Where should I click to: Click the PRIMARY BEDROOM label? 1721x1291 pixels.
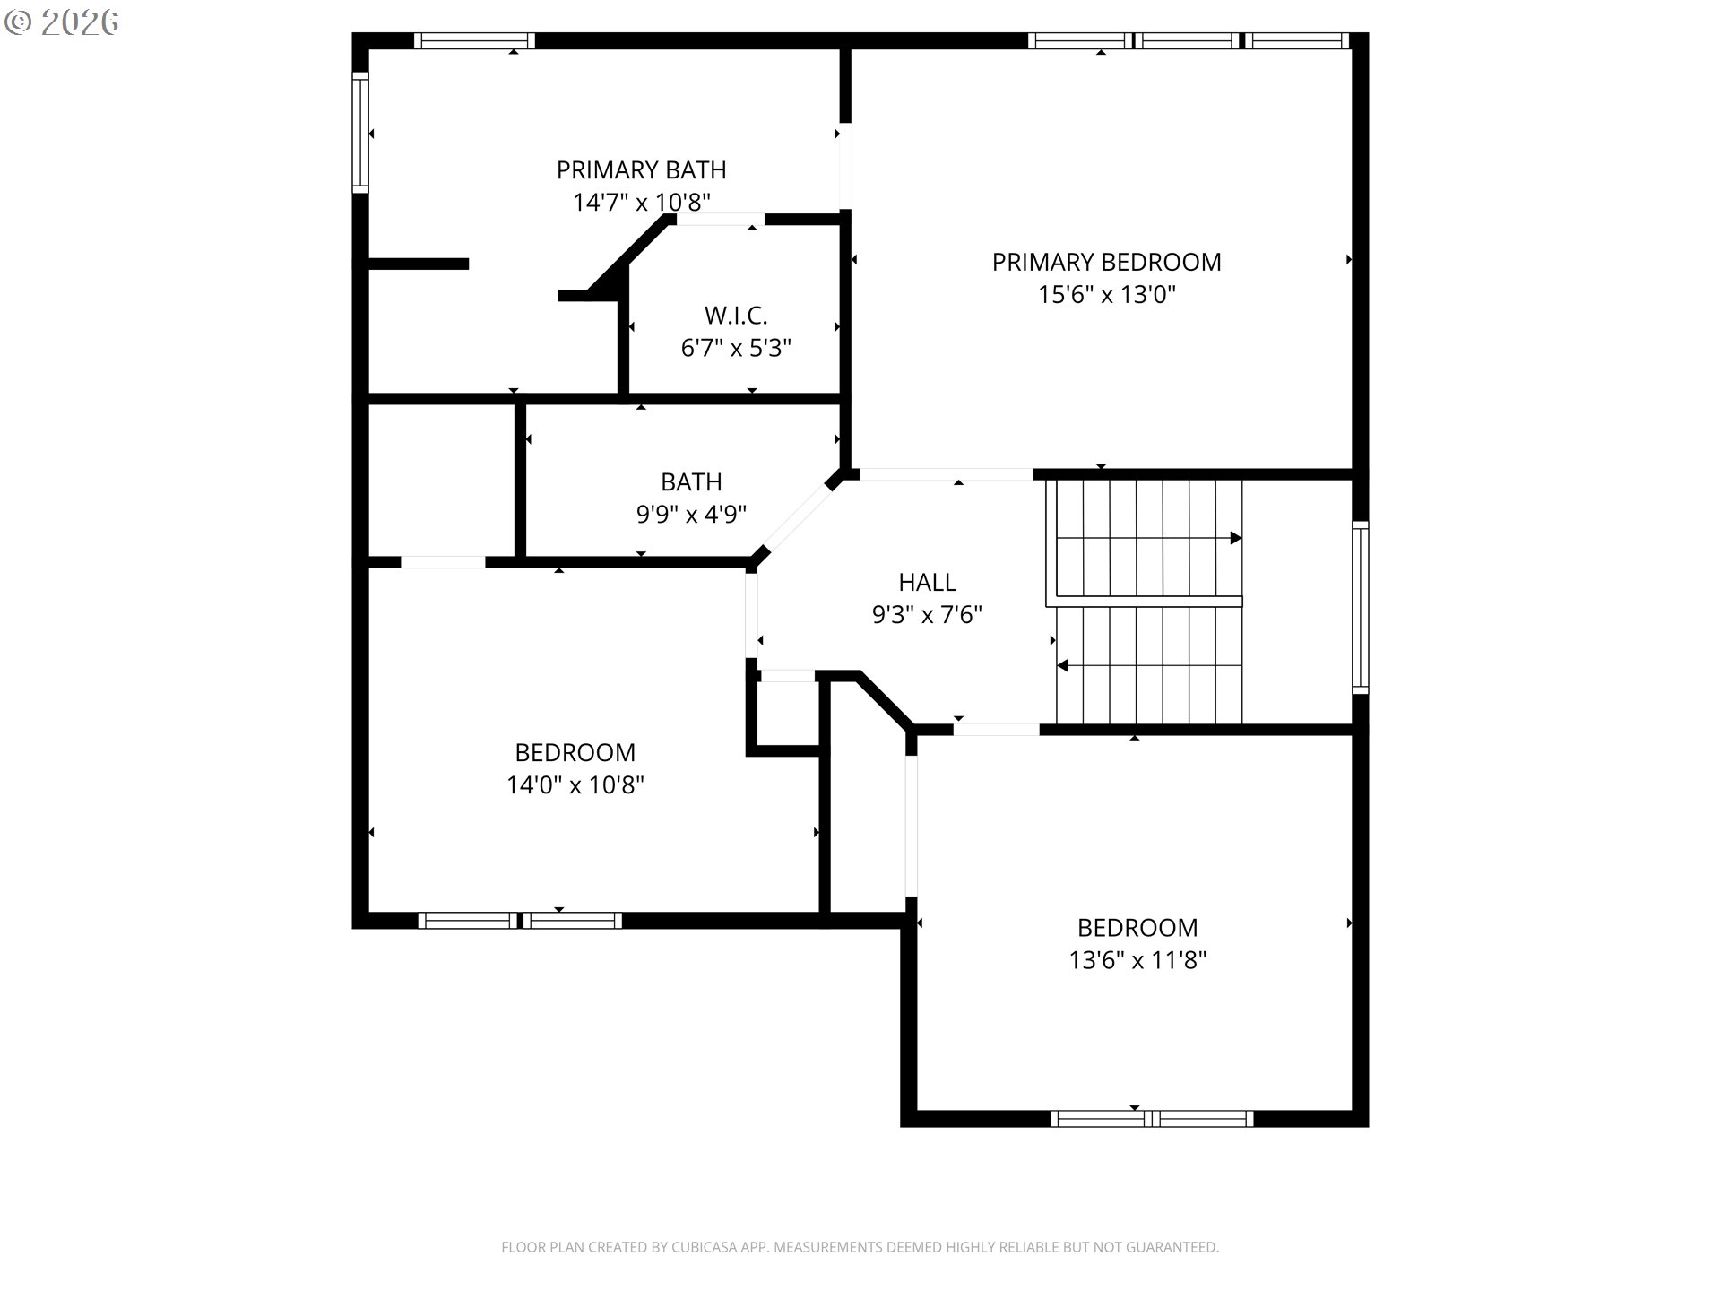(1106, 262)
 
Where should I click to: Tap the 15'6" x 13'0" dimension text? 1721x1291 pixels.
(1106, 295)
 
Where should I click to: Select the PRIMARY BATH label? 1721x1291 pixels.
(641, 169)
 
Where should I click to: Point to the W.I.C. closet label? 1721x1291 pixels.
(736, 316)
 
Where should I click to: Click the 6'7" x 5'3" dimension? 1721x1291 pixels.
(736, 348)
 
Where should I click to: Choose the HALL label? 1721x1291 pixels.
(927, 583)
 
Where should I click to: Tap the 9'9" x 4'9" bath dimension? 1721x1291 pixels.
(691, 515)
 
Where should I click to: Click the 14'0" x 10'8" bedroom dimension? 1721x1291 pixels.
(575, 785)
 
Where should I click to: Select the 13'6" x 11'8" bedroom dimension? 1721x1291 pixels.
(1137, 960)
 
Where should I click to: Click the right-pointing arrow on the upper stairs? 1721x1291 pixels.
(1235, 538)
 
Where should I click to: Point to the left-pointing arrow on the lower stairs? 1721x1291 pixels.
(1064, 665)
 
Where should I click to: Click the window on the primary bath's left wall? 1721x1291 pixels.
(359, 133)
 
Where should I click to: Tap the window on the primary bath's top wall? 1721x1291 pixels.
(474, 40)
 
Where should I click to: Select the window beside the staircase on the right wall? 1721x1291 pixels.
(1360, 608)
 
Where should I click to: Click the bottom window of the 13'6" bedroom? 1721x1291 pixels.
(1152, 1118)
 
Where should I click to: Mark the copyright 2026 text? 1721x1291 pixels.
(62, 22)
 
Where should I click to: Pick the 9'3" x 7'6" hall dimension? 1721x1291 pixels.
(927, 615)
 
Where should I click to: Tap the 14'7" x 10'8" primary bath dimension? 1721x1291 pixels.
(641, 203)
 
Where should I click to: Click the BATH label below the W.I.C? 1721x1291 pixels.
(691, 482)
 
